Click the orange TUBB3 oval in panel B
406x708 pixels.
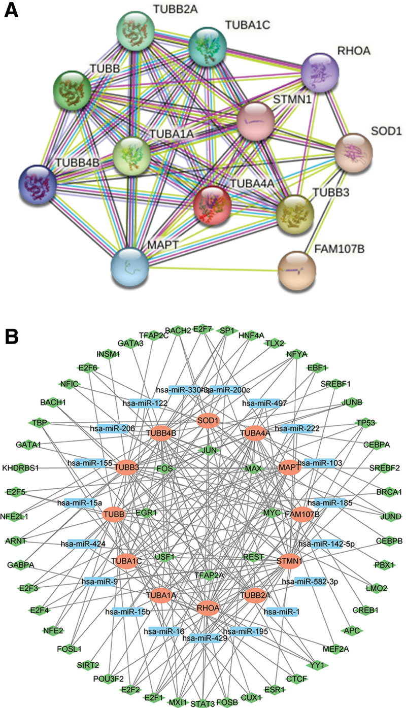point(127,467)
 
